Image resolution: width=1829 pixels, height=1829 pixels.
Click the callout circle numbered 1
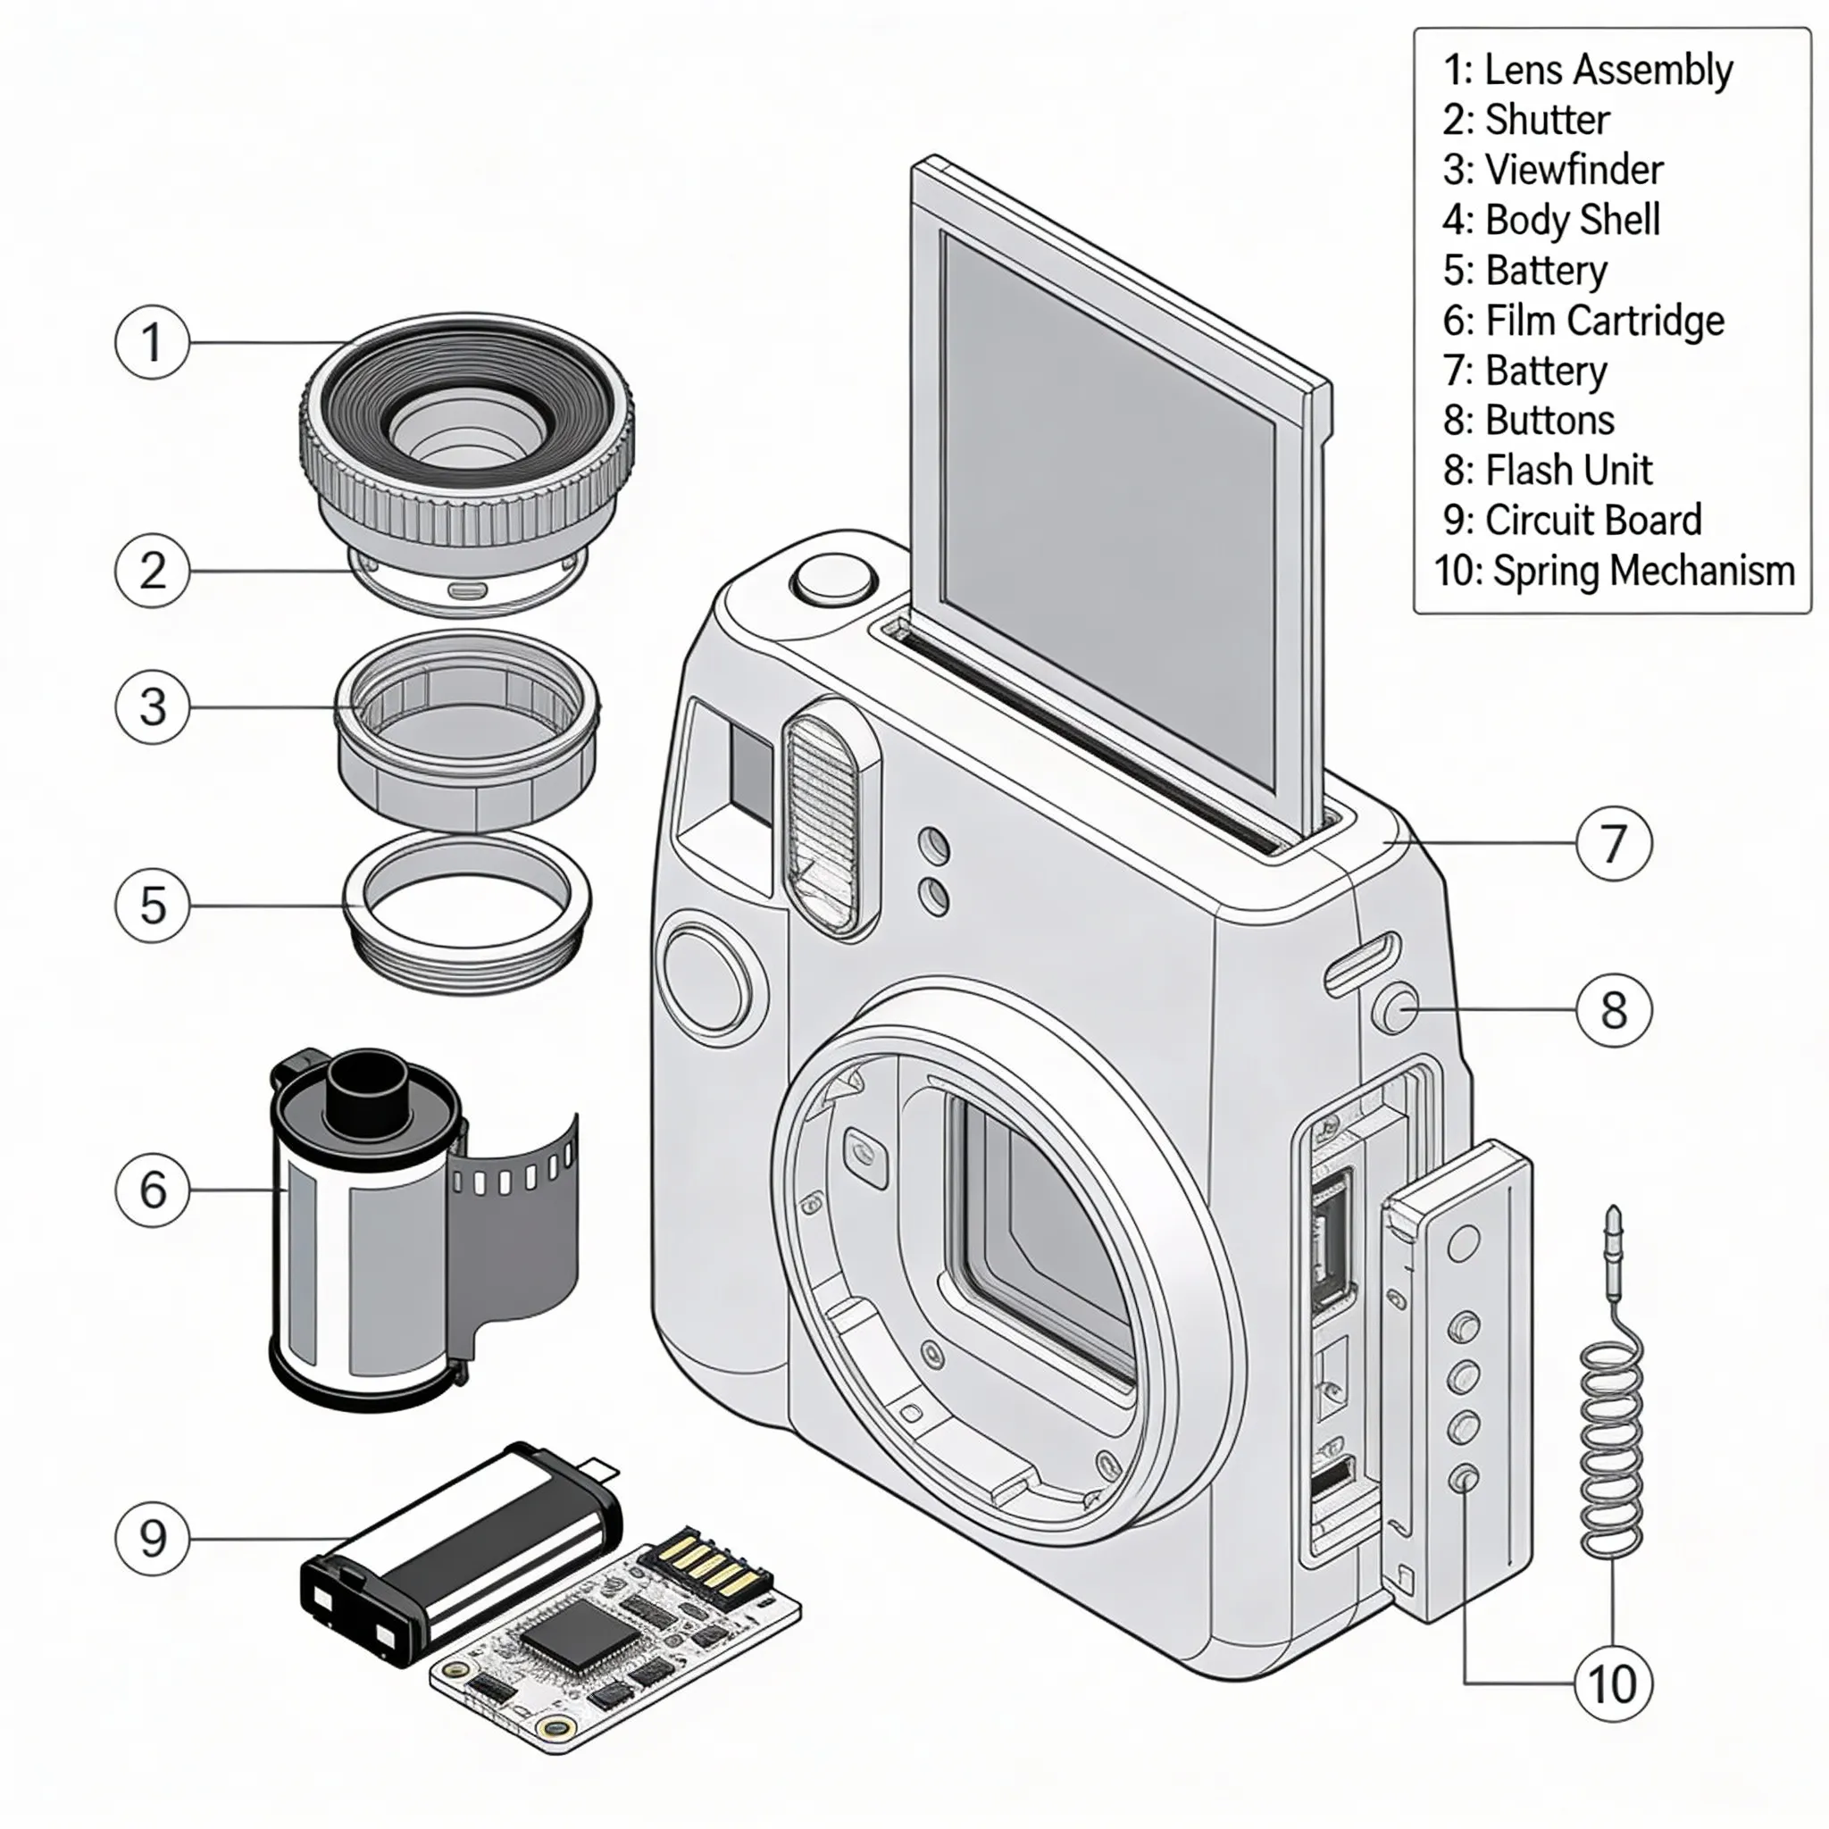click(152, 342)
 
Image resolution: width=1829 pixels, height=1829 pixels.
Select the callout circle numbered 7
click(1613, 842)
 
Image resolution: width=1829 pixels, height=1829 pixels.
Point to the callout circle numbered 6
click(152, 1189)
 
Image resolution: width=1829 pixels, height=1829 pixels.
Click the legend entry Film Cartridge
click(1583, 320)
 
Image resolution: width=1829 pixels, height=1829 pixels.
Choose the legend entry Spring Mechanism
click(1613, 570)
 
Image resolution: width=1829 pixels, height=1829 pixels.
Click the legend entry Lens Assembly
click(1587, 70)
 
